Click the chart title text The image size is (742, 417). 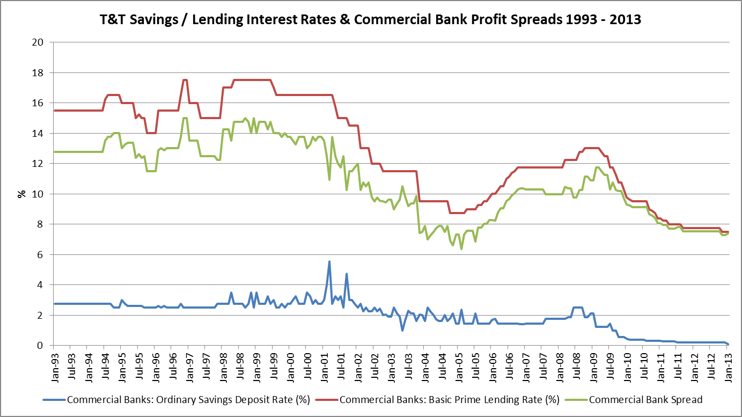click(370, 19)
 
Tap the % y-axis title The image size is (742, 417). click(21, 194)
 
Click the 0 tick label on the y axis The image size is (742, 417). click(40, 346)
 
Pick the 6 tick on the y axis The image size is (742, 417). click(40, 254)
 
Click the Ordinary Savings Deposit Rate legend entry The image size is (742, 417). click(177, 400)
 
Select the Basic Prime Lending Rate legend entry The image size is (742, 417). click(437, 400)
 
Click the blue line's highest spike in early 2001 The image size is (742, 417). click(329, 261)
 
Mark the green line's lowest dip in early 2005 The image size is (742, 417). click(461, 248)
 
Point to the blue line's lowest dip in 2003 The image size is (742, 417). click(402, 330)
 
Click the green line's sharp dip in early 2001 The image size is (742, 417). click(329, 179)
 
